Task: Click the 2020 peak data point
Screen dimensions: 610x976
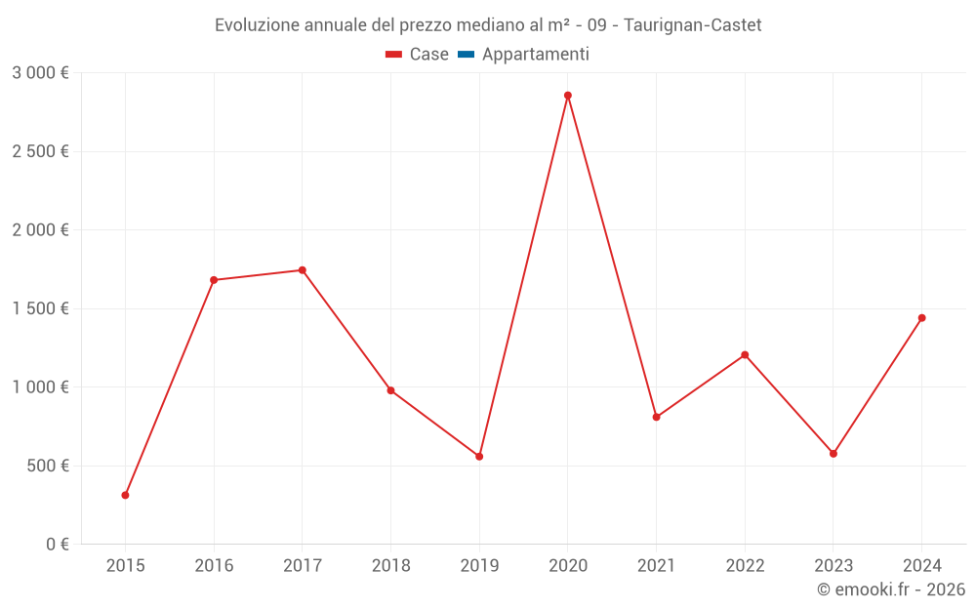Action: [x=567, y=96]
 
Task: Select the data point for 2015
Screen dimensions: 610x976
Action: [x=125, y=495]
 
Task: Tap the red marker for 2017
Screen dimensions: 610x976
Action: [x=302, y=270]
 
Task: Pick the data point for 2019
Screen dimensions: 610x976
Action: [x=479, y=457]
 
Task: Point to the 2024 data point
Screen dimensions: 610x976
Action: [x=921, y=318]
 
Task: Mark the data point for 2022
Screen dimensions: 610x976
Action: [x=745, y=354]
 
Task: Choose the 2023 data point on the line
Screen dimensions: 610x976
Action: [x=833, y=454]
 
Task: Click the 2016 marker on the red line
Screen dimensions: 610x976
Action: [x=214, y=280]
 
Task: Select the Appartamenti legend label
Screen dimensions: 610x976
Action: [x=535, y=55]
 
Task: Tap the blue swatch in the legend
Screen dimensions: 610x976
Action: [x=466, y=55]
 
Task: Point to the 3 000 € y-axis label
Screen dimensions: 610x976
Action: [x=40, y=73]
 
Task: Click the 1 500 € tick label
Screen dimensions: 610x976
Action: [x=40, y=308]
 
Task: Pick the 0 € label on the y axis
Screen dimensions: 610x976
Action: [x=57, y=545]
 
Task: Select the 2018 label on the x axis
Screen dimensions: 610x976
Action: [x=390, y=565]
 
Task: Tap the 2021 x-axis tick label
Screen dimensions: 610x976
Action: [x=656, y=565]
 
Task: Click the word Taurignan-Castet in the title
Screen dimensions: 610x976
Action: [x=692, y=24]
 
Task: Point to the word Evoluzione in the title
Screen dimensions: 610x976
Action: [x=257, y=24]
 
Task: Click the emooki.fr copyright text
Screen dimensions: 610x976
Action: [x=890, y=590]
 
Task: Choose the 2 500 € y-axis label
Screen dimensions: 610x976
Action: [x=40, y=151]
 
